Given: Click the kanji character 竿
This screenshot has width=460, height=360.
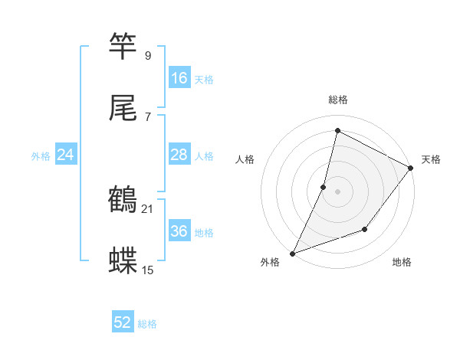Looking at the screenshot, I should [123, 47].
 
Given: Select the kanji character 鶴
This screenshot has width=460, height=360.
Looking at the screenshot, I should [123, 200].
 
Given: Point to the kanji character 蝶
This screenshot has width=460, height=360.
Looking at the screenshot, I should [123, 261].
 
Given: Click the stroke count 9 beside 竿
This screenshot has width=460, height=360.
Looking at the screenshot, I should [148, 55].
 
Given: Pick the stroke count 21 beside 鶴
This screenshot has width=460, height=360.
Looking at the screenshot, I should [148, 208].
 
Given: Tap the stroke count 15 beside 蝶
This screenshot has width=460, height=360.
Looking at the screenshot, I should [148, 270].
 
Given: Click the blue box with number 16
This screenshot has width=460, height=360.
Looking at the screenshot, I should [179, 78].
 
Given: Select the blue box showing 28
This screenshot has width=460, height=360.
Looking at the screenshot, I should [179, 155].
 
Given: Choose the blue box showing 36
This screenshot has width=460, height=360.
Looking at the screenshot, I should [179, 231].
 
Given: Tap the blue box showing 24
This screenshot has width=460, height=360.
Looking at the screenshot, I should [66, 155].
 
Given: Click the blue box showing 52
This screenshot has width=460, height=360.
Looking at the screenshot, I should [123, 322].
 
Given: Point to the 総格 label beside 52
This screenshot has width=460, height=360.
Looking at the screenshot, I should [148, 324].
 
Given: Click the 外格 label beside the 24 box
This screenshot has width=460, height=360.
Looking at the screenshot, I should [41, 156].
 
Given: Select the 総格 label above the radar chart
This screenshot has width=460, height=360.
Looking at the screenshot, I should [338, 100].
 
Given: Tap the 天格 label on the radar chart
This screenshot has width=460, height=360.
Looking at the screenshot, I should [431, 159].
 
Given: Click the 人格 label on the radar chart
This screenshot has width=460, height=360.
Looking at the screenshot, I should [245, 159].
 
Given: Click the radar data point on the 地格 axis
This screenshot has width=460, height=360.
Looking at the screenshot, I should [366, 229].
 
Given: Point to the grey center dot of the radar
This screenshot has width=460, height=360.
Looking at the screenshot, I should [337, 191].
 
